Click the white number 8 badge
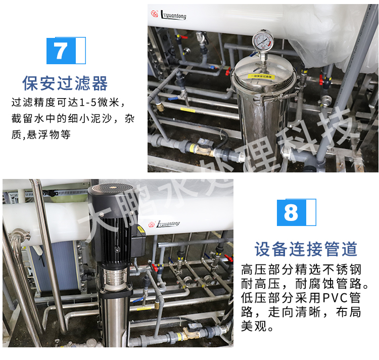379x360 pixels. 291,212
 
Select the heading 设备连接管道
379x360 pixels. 306,249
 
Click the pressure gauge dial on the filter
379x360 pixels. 261,40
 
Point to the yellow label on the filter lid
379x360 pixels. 261,76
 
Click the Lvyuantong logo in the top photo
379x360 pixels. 169,15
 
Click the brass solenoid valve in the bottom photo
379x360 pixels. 192,332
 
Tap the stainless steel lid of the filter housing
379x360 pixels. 261,76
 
